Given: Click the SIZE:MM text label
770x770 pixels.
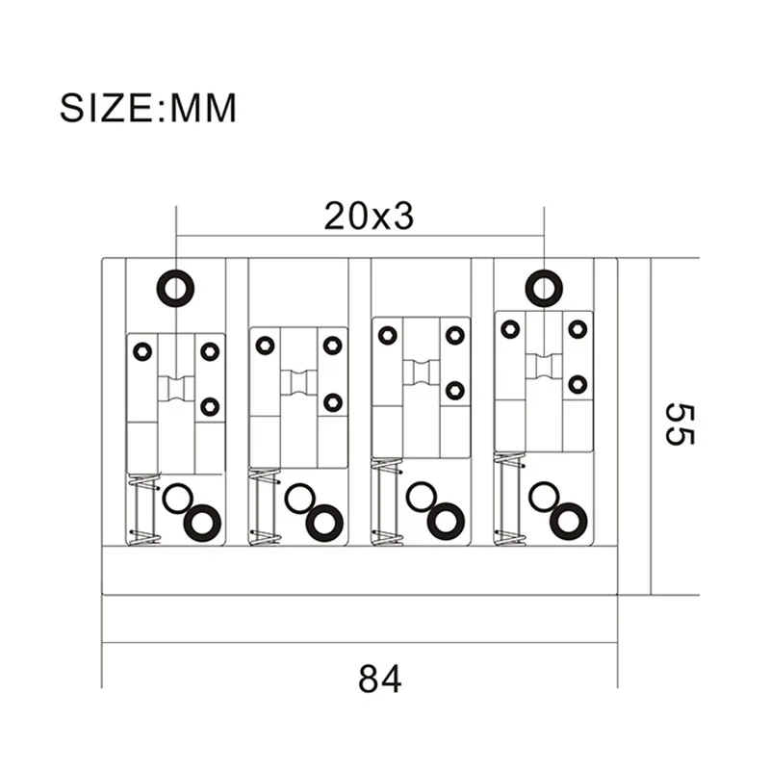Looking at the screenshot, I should pos(147,107).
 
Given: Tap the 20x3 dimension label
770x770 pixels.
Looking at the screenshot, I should pos(369,217).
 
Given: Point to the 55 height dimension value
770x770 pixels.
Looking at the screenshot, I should pos(679,423).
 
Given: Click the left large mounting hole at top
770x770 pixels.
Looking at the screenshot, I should pos(176,287).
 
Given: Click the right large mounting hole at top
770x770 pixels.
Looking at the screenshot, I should pos(544,287).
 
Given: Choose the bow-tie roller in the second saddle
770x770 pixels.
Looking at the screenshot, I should pos(298,381).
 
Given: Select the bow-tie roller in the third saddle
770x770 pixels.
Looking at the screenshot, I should pos(421,372).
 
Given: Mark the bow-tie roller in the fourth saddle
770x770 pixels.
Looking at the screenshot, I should pos(544,365).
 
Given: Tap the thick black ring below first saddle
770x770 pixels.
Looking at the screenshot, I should pos(202,522).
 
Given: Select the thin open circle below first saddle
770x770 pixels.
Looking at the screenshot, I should pos(176,499).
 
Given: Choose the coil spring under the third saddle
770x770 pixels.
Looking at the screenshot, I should pos(386,501).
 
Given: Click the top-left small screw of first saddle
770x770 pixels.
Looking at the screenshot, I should pos(142,351).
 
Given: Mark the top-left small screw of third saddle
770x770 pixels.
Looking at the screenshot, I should pos(387,335).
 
